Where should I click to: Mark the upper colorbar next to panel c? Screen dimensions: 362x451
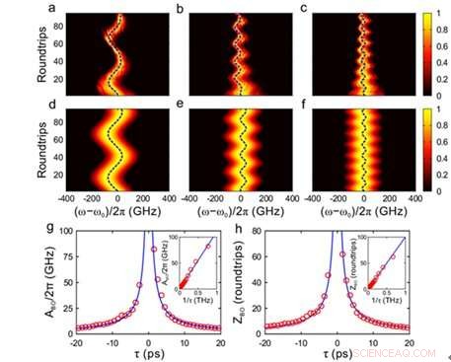point(413,52)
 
